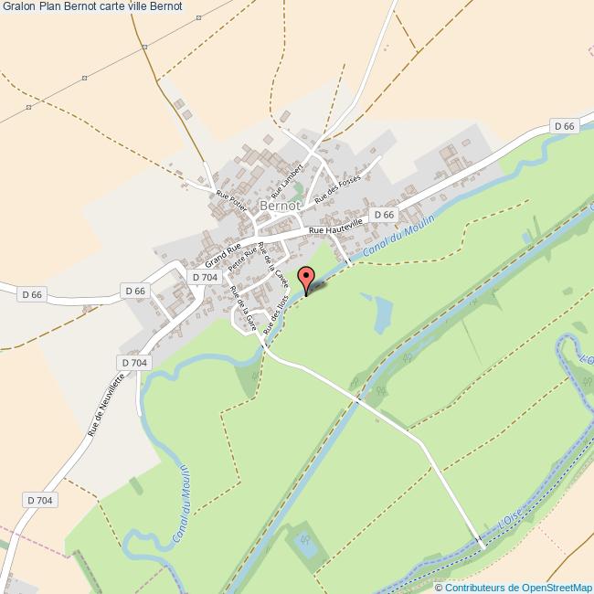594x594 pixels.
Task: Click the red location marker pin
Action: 307,278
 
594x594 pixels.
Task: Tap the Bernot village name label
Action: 281,207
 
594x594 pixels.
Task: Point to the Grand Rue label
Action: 223,249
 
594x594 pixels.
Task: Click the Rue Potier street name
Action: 231,201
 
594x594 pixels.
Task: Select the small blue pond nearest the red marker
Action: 383,312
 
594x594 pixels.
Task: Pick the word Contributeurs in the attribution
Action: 476,588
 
